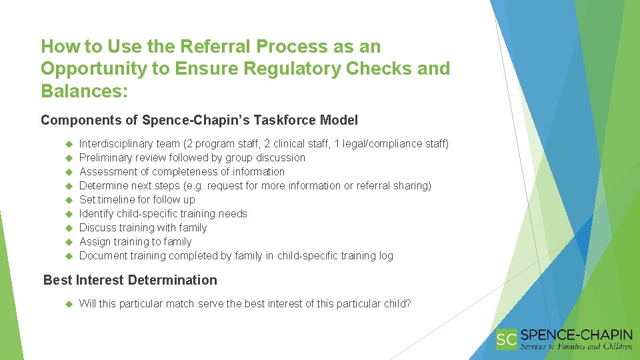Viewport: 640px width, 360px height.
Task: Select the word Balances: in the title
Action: pos(83,91)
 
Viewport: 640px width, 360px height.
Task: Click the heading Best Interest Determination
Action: pos(130,280)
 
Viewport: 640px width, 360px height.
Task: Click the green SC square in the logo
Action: pos(507,340)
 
